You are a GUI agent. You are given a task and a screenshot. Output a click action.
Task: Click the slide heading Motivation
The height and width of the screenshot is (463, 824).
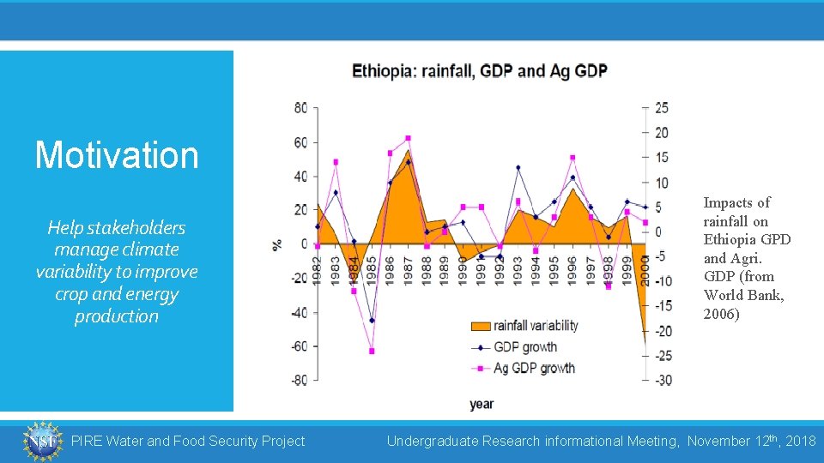tap(117, 155)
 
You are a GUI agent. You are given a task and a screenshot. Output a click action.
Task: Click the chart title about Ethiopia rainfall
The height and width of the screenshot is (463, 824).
tap(479, 70)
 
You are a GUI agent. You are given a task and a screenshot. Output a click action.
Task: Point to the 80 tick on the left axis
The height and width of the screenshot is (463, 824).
tap(300, 108)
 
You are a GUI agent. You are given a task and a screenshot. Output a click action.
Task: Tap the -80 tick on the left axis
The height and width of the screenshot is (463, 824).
tap(298, 380)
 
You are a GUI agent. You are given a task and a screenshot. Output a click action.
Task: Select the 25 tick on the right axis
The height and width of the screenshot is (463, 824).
tap(661, 108)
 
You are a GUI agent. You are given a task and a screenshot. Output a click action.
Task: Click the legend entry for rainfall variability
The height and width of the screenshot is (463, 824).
tap(524, 326)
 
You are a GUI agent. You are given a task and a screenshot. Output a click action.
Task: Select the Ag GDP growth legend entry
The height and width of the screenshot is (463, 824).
tap(524, 369)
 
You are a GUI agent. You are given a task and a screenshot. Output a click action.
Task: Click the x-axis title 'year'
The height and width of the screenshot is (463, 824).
tap(482, 403)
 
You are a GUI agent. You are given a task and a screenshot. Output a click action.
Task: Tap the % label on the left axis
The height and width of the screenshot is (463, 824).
tap(277, 244)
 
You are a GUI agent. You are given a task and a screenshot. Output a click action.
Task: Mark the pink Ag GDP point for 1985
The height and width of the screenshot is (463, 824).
tap(372, 351)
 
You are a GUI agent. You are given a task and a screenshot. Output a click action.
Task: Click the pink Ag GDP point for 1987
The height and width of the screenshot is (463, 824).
tap(408, 138)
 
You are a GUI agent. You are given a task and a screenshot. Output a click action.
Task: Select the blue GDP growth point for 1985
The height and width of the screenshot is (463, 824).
tap(372, 321)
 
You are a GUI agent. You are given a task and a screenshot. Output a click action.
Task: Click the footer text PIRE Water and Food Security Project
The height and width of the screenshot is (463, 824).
tap(187, 441)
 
